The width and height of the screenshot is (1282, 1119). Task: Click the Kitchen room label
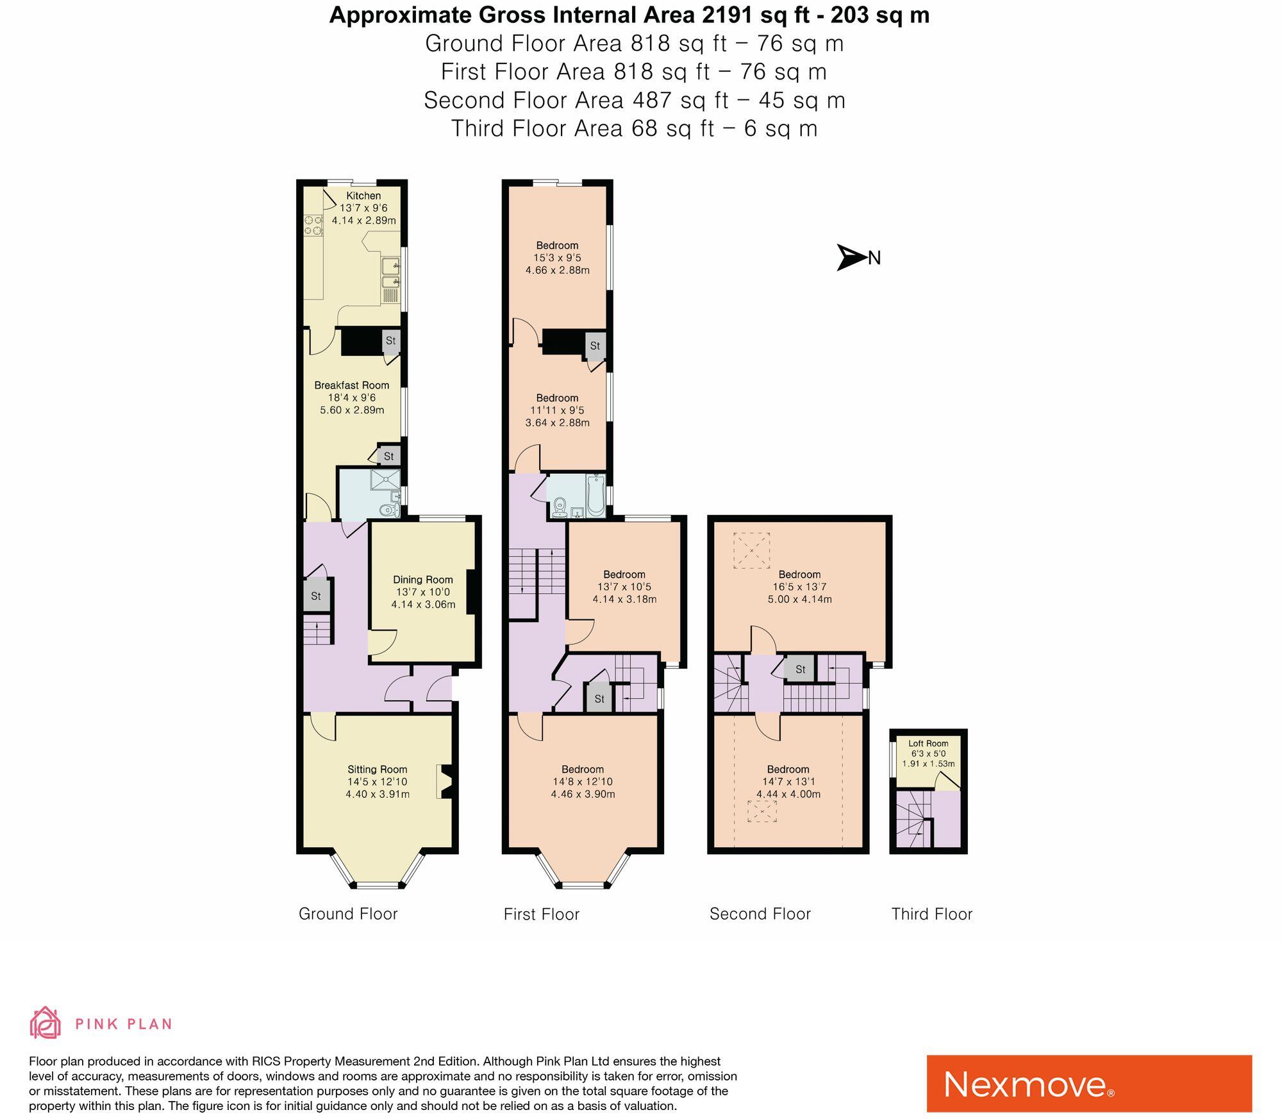tap(363, 196)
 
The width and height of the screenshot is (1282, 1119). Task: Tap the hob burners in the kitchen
tap(313, 225)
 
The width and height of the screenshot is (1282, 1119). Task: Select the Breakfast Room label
tap(351, 385)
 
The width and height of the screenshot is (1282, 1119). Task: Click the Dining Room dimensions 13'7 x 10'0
tap(422, 592)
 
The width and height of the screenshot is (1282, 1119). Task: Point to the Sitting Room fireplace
tap(445, 781)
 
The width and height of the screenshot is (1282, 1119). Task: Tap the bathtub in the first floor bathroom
tap(595, 497)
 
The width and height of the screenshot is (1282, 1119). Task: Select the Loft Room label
tap(928, 744)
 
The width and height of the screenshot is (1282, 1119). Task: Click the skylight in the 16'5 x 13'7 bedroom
tap(751, 550)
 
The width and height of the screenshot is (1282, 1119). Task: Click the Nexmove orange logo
tap(1088, 1083)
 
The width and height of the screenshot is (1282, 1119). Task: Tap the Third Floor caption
tap(931, 914)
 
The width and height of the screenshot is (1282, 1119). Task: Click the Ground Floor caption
tap(348, 914)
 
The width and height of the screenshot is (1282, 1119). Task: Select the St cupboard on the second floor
tap(800, 669)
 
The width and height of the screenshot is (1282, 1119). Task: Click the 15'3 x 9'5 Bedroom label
tap(557, 246)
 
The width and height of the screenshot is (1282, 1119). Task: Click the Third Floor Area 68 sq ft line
tap(634, 129)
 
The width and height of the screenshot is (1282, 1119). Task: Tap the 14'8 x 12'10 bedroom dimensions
tap(583, 782)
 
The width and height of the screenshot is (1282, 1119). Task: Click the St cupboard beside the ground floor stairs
tap(316, 596)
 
